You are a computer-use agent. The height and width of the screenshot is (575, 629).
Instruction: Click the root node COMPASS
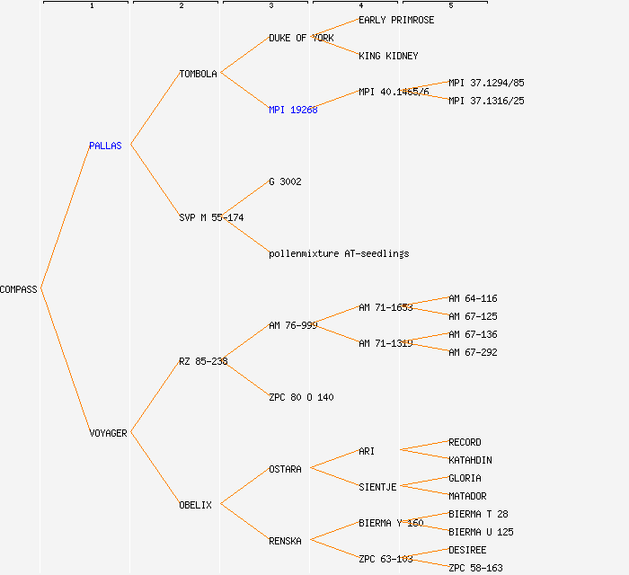[x=19, y=289]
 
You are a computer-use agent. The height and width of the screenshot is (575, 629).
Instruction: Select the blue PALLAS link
[x=105, y=146]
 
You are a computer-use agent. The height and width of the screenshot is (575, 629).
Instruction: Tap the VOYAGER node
[x=108, y=433]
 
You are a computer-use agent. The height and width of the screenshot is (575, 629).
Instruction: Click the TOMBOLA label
[x=198, y=74]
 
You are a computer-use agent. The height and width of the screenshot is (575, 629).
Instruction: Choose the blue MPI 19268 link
[x=293, y=110]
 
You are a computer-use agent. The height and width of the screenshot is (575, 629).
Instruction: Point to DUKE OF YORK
[x=301, y=38]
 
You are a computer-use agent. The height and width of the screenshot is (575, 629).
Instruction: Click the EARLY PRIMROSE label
[x=396, y=20]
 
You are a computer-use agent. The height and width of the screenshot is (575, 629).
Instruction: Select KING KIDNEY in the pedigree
[x=388, y=56]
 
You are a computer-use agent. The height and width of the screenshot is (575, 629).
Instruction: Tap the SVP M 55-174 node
[x=211, y=217]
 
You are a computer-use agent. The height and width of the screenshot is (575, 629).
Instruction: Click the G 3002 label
[x=285, y=181]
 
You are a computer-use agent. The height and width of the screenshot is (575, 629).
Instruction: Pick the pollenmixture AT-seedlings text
[x=339, y=253]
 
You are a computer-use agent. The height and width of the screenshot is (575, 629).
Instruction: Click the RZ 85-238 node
[x=203, y=361]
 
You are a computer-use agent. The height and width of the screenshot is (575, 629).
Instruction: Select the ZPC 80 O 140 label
[x=301, y=397]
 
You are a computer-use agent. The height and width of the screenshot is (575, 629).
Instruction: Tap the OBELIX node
[x=195, y=505]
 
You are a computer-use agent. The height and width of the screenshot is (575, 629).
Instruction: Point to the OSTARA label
[x=285, y=469]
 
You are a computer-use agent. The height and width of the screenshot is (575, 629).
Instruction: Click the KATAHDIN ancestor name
[x=470, y=460]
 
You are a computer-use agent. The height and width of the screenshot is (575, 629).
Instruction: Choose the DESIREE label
[x=467, y=550]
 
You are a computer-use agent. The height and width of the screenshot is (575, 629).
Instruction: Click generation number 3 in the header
[x=270, y=6]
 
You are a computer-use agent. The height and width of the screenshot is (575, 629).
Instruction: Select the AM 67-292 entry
[x=473, y=352]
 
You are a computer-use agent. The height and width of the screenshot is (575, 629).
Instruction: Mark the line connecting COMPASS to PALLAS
[x=65, y=217]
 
